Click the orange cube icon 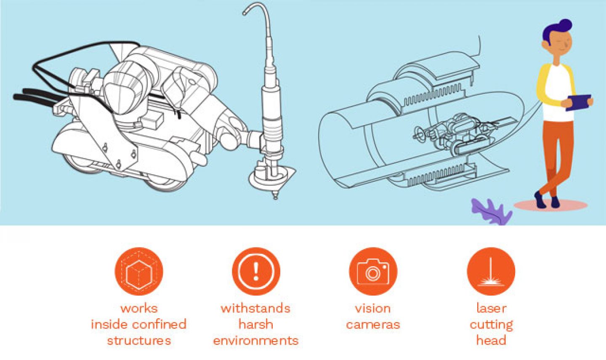tap(139, 271)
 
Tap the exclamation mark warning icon tap(256, 271)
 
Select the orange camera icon tap(373, 271)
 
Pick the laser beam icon tap(491, 271)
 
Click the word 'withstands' tap(256, 308)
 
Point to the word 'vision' tap(373, 308)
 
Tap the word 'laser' tap(491, 308)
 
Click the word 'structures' tap(139, 341)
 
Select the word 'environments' tap(256, 341)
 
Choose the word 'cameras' tap(373, 325)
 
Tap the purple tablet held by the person tap(579, 103)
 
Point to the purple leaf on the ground tap(491, 211)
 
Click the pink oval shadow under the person tap(550, 205)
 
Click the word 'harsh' tap(256, 324)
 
